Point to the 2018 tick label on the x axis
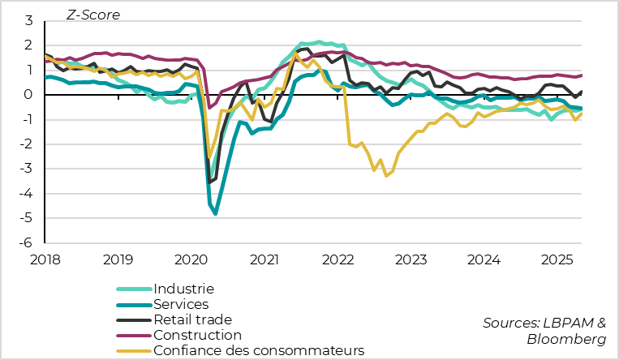tap(46, 259)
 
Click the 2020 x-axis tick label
tap(192, 259)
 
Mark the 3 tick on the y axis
tap(28, 20)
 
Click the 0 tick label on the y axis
tap(28, 95)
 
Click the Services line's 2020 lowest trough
tap(216, 214)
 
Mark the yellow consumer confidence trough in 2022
tap(386, 175)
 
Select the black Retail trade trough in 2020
tap(209, 182)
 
